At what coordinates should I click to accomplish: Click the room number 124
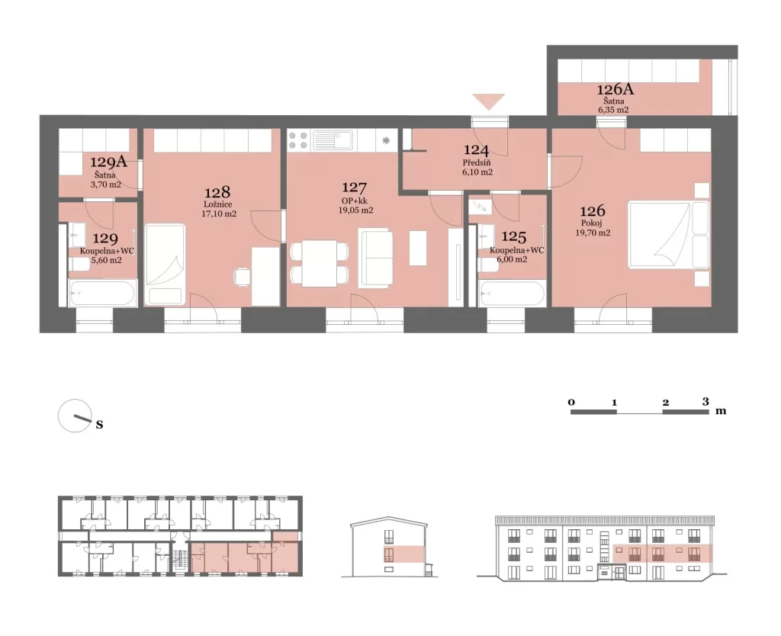[476, 150]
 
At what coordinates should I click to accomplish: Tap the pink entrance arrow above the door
[489, 101]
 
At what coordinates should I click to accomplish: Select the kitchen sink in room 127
[333, 140]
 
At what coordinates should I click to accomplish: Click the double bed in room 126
[668, 234]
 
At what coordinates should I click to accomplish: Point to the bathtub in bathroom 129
[103, 294]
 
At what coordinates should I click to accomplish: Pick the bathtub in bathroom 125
[512, 294]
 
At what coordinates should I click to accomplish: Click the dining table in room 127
[320, 263]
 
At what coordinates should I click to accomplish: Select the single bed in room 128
[165, 265]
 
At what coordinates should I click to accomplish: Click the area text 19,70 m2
[593, 233]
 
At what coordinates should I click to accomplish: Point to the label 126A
[615, 89]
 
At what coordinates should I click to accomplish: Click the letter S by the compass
[100, 424]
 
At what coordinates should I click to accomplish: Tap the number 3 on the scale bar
[705, 401]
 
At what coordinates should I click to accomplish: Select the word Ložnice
[217, 204]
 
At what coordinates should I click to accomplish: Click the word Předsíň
[477, 163]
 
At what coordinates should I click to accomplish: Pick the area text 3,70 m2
[105, 185]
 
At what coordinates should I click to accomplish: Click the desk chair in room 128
[242, 276]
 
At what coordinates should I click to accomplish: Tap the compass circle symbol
[75, 416]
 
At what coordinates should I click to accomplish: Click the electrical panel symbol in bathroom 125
[480, 207]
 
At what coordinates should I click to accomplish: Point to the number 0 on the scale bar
[571, 402]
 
